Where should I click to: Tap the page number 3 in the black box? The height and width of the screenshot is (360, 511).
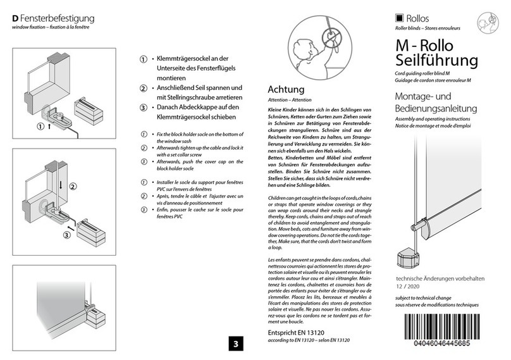[235, 344]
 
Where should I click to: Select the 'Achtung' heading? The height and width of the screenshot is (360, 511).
[286, 90]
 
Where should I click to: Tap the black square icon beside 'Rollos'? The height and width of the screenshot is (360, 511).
[399, 18]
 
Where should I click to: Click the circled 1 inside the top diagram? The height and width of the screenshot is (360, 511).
[40, 125]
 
